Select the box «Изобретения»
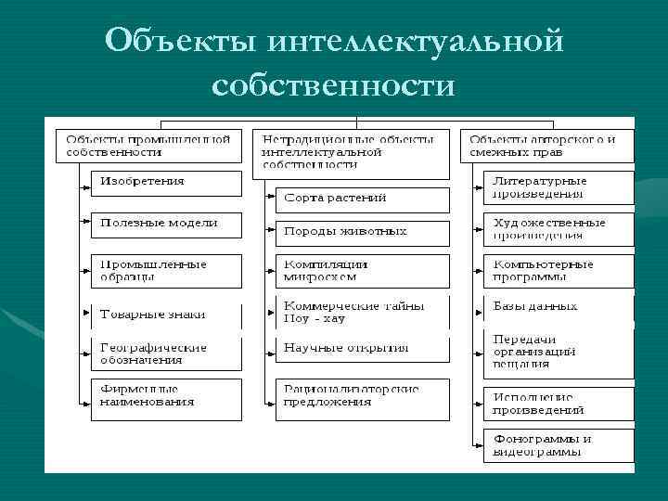point(165,182)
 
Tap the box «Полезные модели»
point(165,224)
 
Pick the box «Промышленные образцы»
point(165,270)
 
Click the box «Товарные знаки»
point(165,315)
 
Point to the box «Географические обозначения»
point(165,353)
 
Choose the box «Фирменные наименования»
point(165,396)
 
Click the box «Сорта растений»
point(362,199)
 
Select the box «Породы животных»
point(362,232)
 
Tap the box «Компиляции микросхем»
point(362,270)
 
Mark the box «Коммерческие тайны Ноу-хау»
point(362,312)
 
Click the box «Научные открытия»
point(362,349)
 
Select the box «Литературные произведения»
point(559,187)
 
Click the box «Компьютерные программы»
point(559,270)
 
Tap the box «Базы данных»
point(559,307)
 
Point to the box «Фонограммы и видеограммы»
point(559,444)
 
